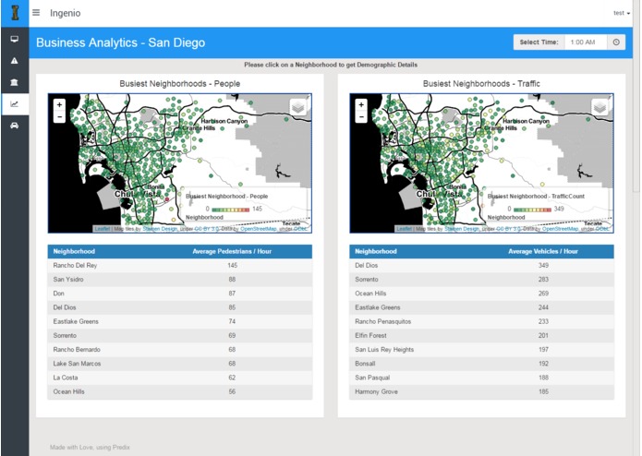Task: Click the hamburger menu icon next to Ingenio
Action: (36, 13)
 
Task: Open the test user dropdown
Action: (621, 13)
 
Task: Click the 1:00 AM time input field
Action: (585, 42)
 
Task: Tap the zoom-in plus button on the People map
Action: (59, 105)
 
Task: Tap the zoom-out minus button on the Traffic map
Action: (360, 117)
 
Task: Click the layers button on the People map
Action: (297, 108)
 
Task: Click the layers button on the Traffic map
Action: (599, 108)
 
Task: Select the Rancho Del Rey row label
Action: (75, 265)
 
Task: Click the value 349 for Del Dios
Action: (544, 265)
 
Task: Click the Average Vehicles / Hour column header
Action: (543, 251)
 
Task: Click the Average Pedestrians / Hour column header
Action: (231, 251)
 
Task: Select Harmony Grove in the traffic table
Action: (378, 392)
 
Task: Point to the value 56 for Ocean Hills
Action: (232, 392)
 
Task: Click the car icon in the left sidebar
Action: (14, 125)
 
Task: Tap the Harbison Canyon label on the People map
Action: (225, 121)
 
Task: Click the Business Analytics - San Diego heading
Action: (120, 42)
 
